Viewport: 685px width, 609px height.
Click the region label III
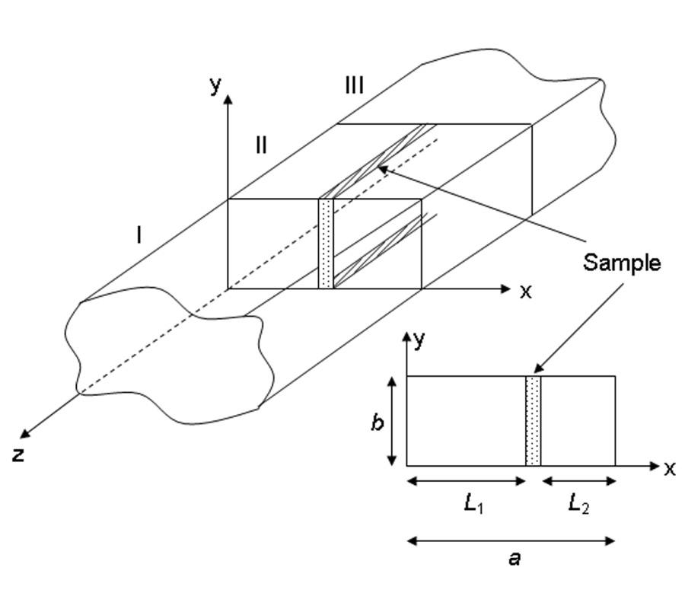(x=354, y=84)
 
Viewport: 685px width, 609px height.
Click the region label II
(x=261, y=145)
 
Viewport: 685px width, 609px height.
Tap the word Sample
(x=622, y=263)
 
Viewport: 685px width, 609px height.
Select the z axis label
(x=18, y=455)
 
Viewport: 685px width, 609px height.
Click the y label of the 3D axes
(x=215, y=84)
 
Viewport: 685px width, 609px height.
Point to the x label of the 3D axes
(x=526, y=292)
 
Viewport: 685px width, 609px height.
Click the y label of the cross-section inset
(x=419, y=340)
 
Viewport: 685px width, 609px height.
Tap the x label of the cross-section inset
(x=669, y=469)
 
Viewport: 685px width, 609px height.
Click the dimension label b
(x=378, y=422)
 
